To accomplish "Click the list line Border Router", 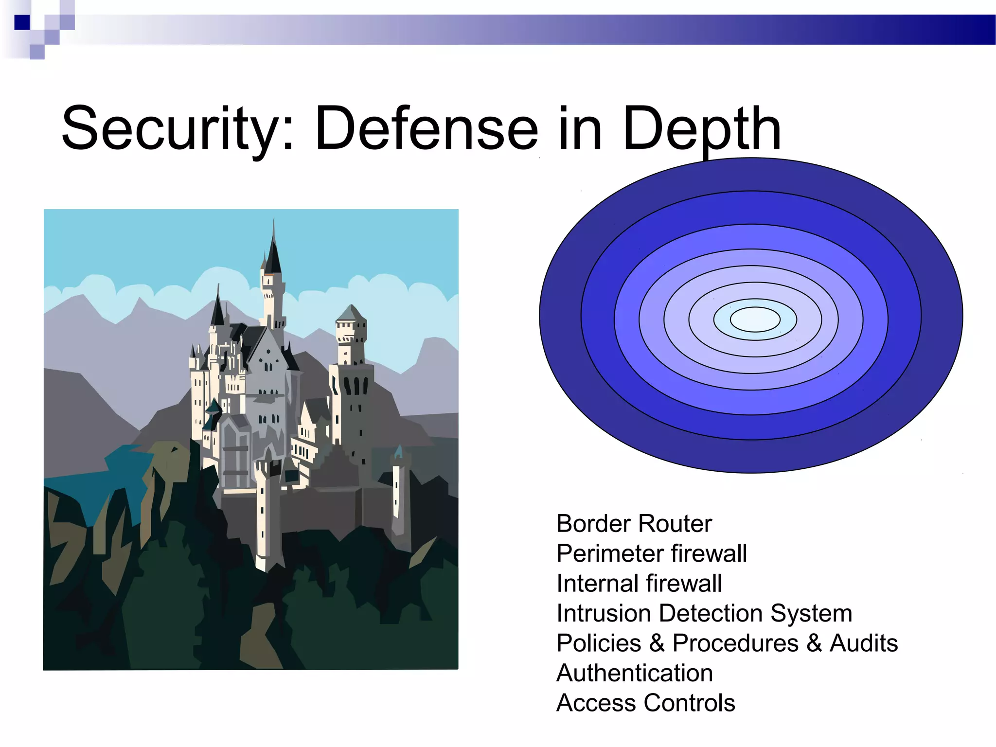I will pos(634,524).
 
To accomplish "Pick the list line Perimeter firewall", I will pos(651,553).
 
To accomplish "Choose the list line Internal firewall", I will pos(639,584).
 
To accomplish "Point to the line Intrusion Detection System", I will pos(704,613).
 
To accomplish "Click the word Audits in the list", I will pos(863,643).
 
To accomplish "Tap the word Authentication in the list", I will pos(634,673).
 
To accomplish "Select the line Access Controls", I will pos(645,703).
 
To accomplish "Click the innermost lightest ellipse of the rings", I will pos(755,320).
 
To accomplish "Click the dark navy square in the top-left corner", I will pos(22,22).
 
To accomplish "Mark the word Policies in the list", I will pos(598,643).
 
